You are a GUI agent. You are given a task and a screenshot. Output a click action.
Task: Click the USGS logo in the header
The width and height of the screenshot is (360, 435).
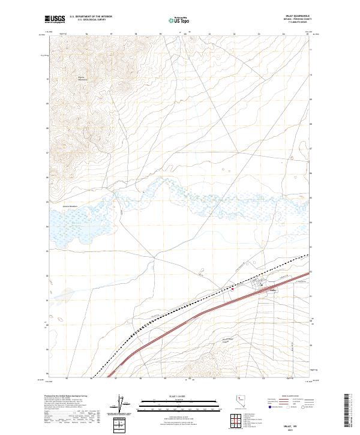[x=53, y=19]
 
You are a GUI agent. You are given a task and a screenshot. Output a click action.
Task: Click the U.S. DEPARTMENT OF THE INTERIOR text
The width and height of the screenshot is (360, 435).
[x=91, y=16]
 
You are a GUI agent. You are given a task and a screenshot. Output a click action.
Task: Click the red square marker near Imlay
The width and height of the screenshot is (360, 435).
[x=233, y=288]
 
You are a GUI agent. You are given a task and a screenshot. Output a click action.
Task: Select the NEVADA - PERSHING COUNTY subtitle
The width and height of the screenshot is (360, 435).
[x=298, y=20]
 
